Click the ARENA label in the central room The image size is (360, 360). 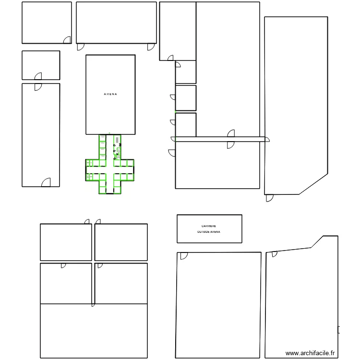click(x=110, y=94)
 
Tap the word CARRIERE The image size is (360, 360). click(x=209, y=226)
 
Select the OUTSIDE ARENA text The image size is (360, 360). click(x=209, y=232)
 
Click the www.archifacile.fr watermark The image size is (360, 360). click(x=311, y=353)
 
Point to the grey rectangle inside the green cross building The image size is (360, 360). click(x=117, y=139)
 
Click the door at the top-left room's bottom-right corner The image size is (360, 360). click(x=68, y=39)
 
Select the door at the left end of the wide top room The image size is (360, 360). click(x=81, y=47)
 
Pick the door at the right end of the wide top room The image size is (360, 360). click(x=152, y=47)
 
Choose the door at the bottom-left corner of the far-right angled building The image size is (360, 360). click(x=269, y=198)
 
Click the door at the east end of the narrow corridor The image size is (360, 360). click(x=267, y=140)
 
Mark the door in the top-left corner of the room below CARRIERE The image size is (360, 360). click(x=183, y=256)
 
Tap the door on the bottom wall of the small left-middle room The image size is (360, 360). click(x=38, y=76)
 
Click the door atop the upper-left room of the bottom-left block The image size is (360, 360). click(x=87, y=221)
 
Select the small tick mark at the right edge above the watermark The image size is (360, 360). click(x=339, y=330)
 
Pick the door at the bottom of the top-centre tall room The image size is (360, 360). click(x=170, y=58)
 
